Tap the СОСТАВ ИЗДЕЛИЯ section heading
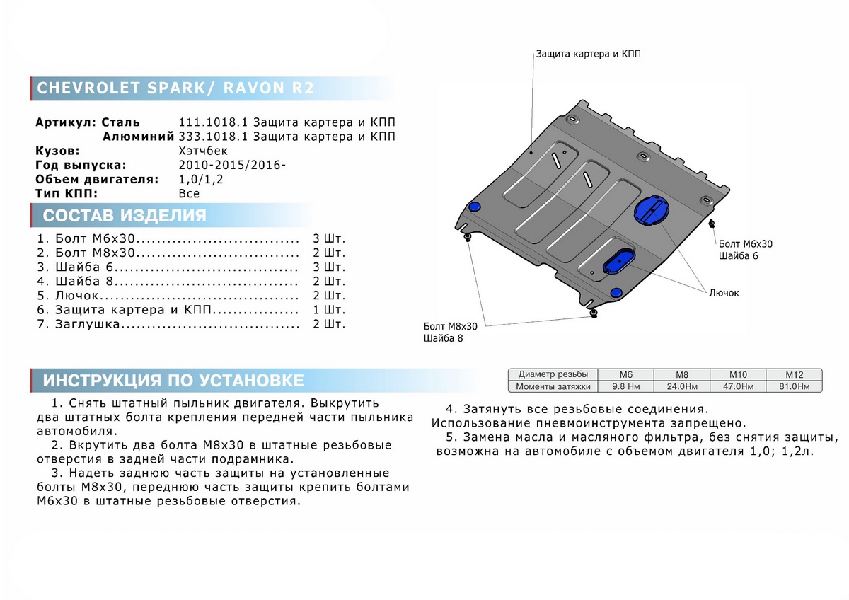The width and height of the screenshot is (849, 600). click(x=125, y=216)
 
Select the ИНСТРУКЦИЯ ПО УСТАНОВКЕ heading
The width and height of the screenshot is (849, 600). click(x=173, y=381)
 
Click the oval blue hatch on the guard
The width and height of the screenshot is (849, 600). click(x=618, y=260)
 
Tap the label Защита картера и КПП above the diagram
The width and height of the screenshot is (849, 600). click(x=589, y=54)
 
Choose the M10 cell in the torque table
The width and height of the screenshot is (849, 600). click(x=739, y=374)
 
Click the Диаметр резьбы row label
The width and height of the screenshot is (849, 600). click(x=552, y=374)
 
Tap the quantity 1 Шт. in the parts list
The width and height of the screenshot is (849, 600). click(x=328, y=310)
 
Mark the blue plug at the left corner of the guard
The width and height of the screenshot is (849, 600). click(x=475, y=206)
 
